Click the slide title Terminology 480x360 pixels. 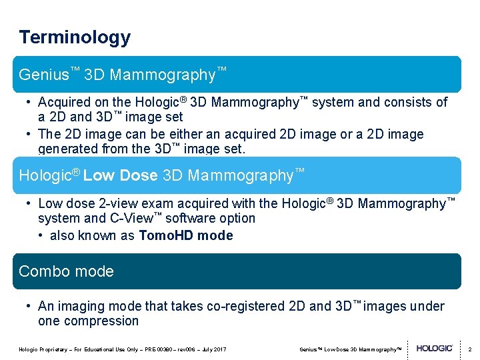(75, 37)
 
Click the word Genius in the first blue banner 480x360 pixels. (44, 75)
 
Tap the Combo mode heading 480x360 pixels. (66, 271)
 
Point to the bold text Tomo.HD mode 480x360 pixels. (186, 235)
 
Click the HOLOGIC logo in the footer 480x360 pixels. (435, 349)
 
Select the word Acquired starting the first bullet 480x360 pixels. (65, 103)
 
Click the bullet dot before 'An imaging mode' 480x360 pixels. (29, 307)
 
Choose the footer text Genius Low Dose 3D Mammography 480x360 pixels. (351, 349)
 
